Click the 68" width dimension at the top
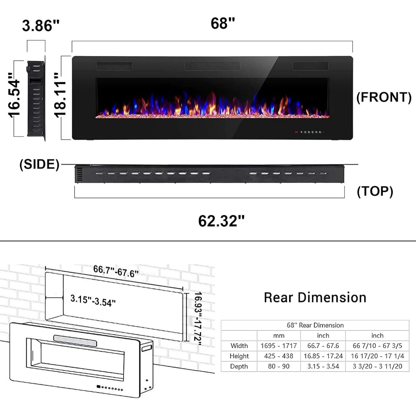pos(223,24)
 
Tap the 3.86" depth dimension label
pos(41,26)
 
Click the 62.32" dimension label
pos(221,221)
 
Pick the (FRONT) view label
pos(384,97)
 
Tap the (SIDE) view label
pos(39,164)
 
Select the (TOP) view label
pos(375,191)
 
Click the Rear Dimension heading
pos(315,298)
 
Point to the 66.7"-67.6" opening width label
pos(116,271)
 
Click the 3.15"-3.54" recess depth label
pos(93,301)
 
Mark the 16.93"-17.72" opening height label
pos(198,319)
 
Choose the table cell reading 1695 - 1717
pos(278,346)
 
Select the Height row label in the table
pos(239,356)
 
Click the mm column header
pos(278,336)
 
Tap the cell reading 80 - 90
pos(278,366)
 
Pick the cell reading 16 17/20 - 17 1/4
pos(377,356)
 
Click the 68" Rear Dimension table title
pos(315,325)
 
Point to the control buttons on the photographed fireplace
pos(310,132)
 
